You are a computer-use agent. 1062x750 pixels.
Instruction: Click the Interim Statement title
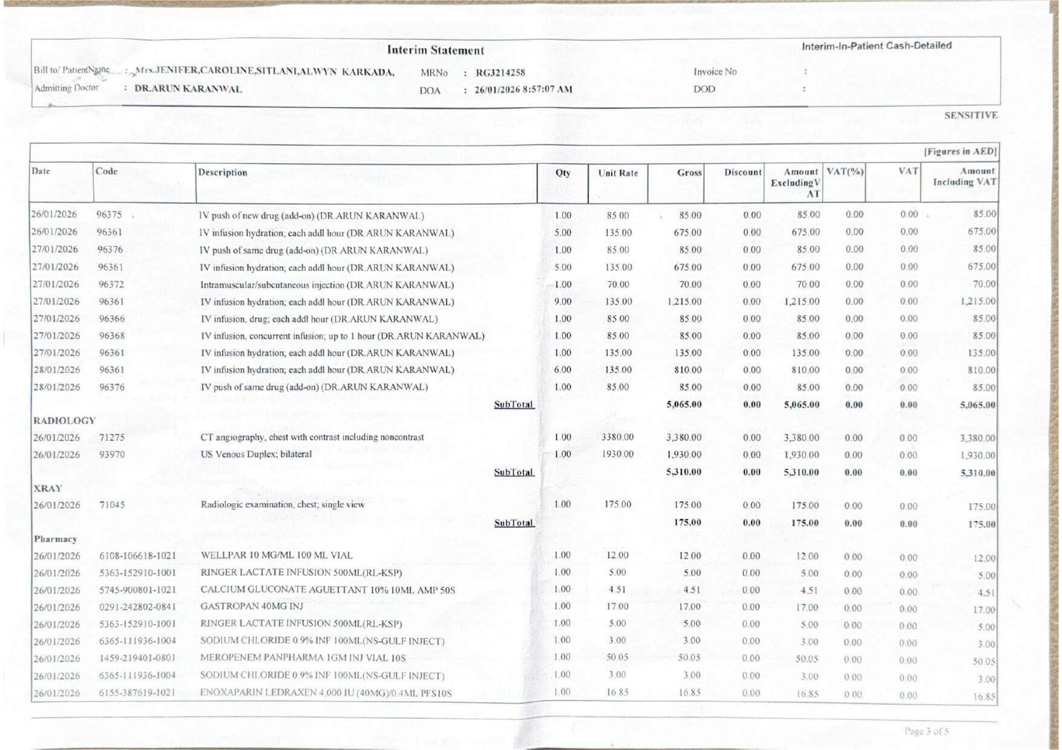pos(435,50)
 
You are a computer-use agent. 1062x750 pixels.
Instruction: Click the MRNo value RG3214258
pos(500,73)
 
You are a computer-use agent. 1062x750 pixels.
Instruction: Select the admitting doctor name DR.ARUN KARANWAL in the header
pos(188,89)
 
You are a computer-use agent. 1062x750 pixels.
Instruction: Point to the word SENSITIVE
pos(970,115)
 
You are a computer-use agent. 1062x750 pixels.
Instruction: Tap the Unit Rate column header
pos(617,173)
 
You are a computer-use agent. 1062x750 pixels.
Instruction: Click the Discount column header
pos(742,172)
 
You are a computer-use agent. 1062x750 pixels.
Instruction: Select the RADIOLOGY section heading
pos(64,420)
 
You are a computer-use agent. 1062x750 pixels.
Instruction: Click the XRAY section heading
pos(48,488)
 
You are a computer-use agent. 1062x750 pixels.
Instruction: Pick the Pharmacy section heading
pos(55,539)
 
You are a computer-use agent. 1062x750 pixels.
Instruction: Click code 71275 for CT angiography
pos(112,437)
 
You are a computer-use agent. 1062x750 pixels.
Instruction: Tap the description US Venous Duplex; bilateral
pos(256,454)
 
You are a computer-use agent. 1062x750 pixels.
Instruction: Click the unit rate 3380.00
pos(617,437)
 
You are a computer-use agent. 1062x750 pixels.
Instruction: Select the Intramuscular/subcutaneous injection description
pos(327,285)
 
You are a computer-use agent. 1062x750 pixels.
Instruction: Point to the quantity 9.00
pos(563,301)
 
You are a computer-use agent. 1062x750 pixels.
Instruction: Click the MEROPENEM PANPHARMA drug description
pos(303,658)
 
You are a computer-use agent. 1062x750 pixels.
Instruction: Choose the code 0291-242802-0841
pos(137,607)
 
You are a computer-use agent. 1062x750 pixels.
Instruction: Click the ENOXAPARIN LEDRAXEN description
pos(326,693)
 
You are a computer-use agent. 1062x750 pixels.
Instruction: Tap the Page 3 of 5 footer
pos(926,731)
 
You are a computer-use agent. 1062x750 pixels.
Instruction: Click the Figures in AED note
pos(960,152)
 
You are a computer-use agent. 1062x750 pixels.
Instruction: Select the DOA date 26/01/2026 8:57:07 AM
pos(523,90)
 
